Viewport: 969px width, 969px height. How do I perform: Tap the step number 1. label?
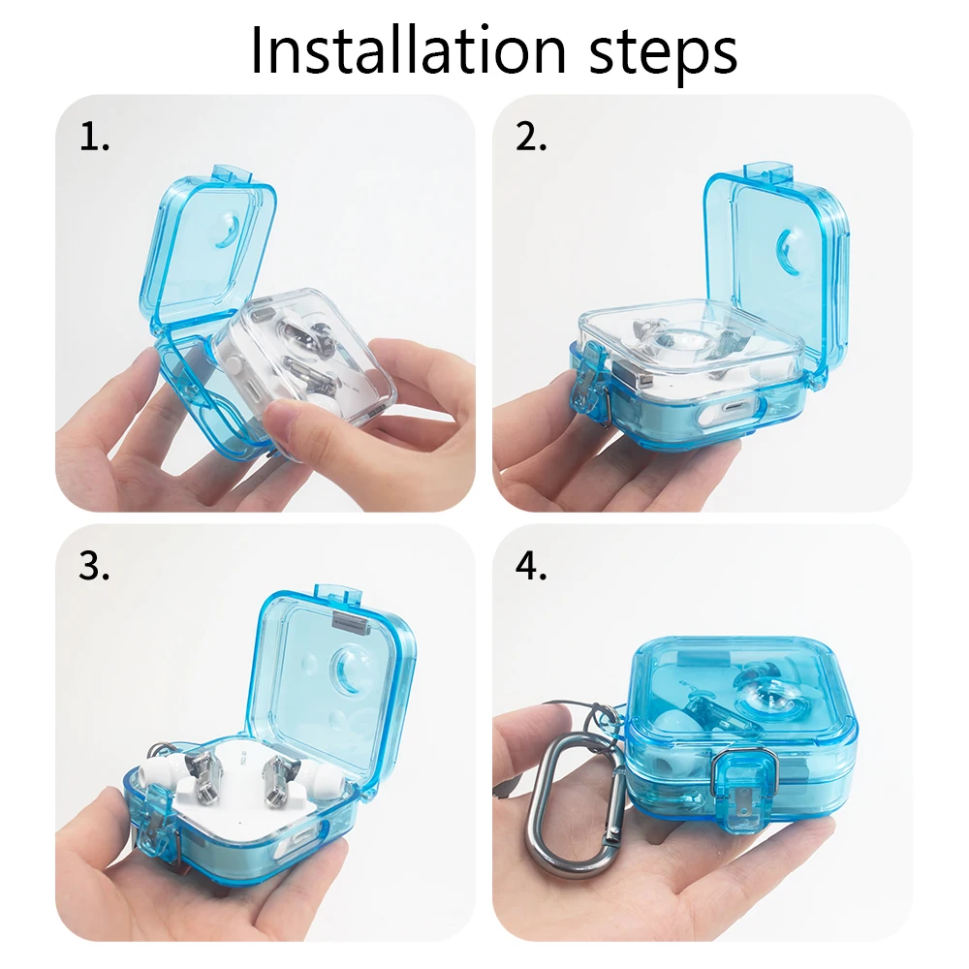point(95,138)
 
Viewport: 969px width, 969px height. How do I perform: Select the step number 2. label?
point(531,138)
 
